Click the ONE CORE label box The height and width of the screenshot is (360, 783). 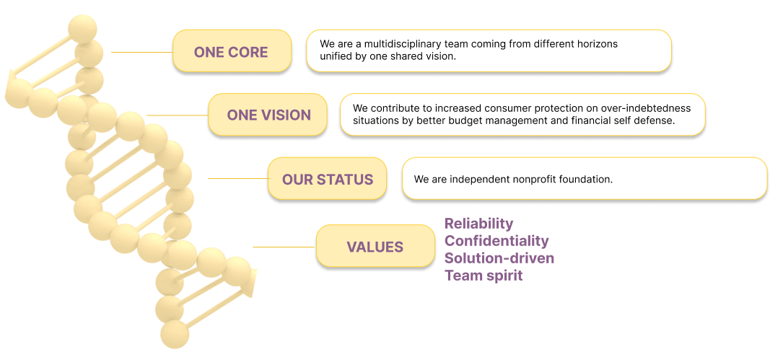click(232, 51)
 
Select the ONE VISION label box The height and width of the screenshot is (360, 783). click(268, 115)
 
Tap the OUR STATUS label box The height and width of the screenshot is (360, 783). click(327, 179)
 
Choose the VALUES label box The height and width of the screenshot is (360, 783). click(375, 247)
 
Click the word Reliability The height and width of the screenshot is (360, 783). click(479, 223)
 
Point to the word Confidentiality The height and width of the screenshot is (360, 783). click(497, 241)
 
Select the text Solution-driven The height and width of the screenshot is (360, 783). click(499, 258)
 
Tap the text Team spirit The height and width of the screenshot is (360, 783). click(484, 275)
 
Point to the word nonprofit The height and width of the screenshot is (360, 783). click(533, 180)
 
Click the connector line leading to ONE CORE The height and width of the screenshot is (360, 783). click(142, 52)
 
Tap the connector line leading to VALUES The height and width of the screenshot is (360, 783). click(284, 247)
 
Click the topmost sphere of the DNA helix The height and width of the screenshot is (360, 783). click(82, 28)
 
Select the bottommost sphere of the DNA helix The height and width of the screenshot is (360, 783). click(175, 333)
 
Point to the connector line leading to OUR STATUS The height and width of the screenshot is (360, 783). click(237, 178)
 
